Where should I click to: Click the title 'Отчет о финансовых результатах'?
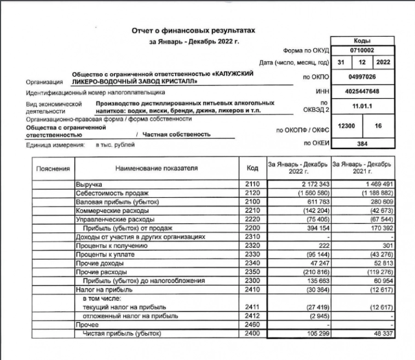(193, 31)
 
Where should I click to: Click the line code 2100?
(252, 202)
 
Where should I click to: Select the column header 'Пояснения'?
(53, 168)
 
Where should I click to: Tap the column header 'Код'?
(252, 168)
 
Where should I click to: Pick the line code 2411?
(252, 307)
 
